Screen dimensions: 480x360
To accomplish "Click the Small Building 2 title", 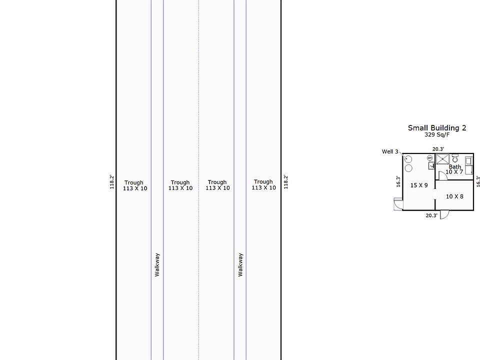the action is tap(437, 128).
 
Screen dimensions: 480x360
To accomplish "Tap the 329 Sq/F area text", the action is tap(437, 134).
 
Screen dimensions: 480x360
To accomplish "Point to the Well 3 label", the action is tap(390, 151).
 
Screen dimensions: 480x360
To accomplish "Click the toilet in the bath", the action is tap(455, 158).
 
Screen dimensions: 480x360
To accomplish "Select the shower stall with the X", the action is tap(442, 159).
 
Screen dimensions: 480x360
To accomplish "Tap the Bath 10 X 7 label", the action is tap(454, 169).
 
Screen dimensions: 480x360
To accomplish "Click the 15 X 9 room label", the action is tap(419, 185).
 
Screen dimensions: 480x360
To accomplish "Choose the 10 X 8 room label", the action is tap(454, 196).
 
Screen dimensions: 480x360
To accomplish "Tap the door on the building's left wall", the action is tap(398, 204).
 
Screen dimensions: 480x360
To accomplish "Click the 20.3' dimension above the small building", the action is tap(438, 149).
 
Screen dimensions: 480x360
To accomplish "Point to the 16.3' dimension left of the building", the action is tap(398, 181).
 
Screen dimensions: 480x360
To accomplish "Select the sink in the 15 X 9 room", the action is tap(431, 165).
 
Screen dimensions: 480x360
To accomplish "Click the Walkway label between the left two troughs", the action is tap(157, 265).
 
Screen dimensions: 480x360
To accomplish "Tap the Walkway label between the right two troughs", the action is tap(240, 265).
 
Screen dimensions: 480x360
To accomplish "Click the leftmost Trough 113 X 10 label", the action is tap(135, 185).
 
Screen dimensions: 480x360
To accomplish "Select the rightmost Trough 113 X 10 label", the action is tap(263, 184).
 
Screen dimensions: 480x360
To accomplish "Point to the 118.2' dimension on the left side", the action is tap(111, 182).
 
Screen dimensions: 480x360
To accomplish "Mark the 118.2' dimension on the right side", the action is tap(285, 182).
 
